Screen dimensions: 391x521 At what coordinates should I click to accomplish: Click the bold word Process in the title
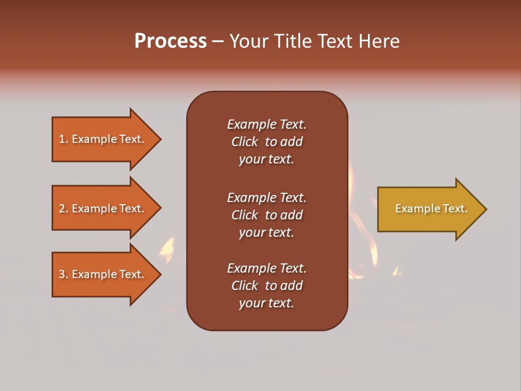[x=170, y=41]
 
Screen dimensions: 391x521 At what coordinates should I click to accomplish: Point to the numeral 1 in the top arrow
[x=62, y=139]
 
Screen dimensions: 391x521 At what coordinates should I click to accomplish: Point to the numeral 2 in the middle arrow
[x=62, y=209]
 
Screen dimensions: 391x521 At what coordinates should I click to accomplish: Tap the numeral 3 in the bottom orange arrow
[x=62, y=274]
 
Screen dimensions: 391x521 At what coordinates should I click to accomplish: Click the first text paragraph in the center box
[x=266, y=142]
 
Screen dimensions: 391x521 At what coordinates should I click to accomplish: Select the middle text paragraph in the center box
[x=266, y=215]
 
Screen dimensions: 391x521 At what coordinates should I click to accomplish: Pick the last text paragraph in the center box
[x=266, y=286]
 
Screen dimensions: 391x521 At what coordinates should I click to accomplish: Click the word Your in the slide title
[x=247, y=41]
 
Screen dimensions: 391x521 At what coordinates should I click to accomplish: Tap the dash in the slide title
[x=218, y=41]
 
